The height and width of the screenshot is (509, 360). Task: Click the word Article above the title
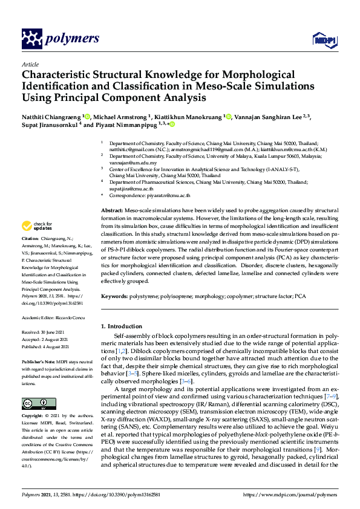point(30,64)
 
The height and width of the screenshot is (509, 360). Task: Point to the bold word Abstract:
point(112,209)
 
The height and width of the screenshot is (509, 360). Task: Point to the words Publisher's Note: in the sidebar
point(39,361)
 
